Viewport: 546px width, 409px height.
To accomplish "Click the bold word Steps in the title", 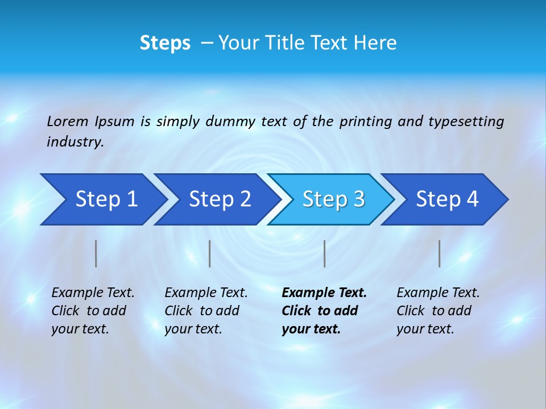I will click(165, 43).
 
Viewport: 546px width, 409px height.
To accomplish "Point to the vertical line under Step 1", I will click(96, 253).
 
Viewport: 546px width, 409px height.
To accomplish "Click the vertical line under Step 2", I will click(210, 253).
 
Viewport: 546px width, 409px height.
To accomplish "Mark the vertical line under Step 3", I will click(324, 253).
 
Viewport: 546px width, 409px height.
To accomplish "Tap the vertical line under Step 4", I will click(439, 253).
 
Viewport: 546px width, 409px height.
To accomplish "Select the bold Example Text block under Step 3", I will click(324, 311).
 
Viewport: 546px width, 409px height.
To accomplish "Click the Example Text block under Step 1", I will click(93, 311).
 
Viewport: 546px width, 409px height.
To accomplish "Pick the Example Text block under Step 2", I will click(206, 311).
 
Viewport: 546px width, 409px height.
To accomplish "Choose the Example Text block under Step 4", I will click(438, 311).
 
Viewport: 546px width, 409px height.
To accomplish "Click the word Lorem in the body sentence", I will click(68, 121).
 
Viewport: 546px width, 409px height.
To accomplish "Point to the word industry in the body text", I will click(75, 142).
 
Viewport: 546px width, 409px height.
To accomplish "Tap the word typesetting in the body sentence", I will click(466, 121).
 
